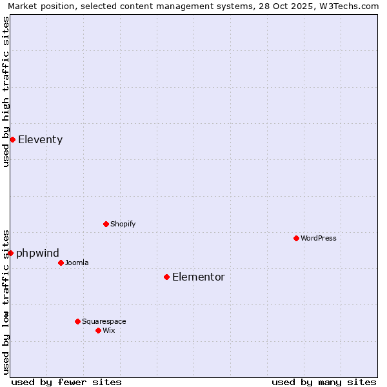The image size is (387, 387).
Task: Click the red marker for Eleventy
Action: [x=12, y=139]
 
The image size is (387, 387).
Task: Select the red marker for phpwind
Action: [x=10, y=253]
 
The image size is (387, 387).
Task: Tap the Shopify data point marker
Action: [x=106, y=224]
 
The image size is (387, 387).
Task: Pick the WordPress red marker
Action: [x=296, y=238]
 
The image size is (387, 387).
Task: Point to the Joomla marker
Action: [x=61, y=263]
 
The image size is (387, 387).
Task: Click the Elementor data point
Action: [x=166, y=277]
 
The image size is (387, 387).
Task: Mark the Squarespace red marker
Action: [x=77, y=321]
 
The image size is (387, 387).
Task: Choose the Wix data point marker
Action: [x=98, y=330]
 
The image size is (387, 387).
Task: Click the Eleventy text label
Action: [x=40, y=139]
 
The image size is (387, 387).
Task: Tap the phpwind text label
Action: [x=37, y=253]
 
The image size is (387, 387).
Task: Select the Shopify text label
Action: [x=123, y=224]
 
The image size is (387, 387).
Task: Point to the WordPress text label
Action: [x=319, y=238]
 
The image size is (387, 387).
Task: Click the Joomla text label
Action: [x=77, y=263]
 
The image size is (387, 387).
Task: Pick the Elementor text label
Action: [x=199, y=277]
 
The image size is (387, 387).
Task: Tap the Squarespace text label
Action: [x=104, y=321]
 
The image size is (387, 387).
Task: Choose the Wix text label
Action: [x=109, y=330]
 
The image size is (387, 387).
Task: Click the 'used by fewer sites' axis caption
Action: [x=66, y=382]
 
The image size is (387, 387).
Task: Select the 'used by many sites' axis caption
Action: [x=324, y=382]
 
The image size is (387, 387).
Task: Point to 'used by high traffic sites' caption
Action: [x=6, y=92]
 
